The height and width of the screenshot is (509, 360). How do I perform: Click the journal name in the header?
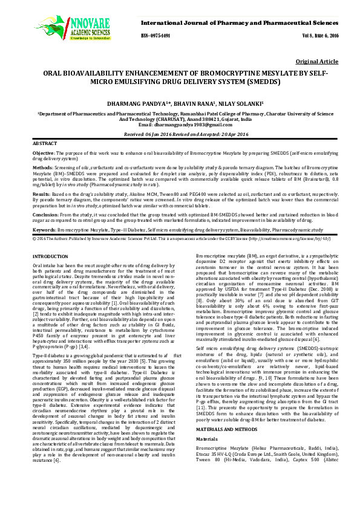(x=234, y=22)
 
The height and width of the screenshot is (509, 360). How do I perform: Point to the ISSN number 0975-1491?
(x=156, y=35)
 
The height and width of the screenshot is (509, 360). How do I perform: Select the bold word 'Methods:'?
(x=43, y=167)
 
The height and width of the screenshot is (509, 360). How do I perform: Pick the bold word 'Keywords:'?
(x=45, y=230)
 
